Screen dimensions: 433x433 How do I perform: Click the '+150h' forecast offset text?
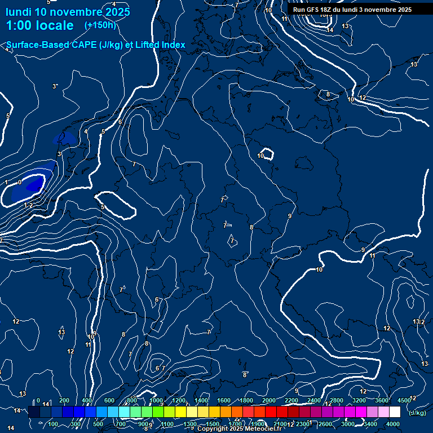(100, 25)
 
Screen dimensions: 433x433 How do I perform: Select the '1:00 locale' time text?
(39, 25)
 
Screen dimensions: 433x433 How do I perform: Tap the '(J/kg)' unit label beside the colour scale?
(418, 413)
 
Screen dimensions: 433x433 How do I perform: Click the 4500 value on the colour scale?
(404, 400)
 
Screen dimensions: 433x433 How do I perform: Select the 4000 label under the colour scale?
(393, 424)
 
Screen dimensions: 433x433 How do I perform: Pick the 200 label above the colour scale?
(64, 400)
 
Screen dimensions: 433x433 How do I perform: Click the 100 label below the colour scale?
(53, 424)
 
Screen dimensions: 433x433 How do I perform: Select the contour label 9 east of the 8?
(289, 216)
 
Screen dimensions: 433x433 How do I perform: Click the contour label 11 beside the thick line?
(372, 255)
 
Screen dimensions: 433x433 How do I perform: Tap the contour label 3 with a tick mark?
(55, 86)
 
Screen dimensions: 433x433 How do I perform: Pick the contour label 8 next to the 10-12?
(328, 94)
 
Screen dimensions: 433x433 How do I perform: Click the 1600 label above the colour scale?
(224, 400)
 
